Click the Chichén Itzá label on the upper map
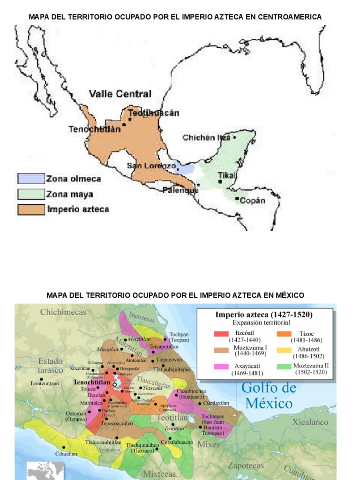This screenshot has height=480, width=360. coord(206,138)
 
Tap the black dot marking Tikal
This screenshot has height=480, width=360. coord(220,181)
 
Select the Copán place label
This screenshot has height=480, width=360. coord(253,201)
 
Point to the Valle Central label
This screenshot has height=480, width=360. coord(120,94)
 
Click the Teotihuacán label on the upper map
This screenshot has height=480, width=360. coord(153,113)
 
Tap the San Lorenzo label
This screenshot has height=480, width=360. coord(148,166)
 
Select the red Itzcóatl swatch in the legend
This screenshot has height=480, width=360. coord(221,333)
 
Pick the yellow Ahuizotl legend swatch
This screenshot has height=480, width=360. coord(285,350)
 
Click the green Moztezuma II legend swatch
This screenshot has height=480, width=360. coord(285,366)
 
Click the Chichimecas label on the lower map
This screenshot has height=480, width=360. coord(63,312)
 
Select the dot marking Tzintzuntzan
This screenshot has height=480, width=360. coord(41,379)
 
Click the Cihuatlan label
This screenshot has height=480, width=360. coord(67,453)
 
